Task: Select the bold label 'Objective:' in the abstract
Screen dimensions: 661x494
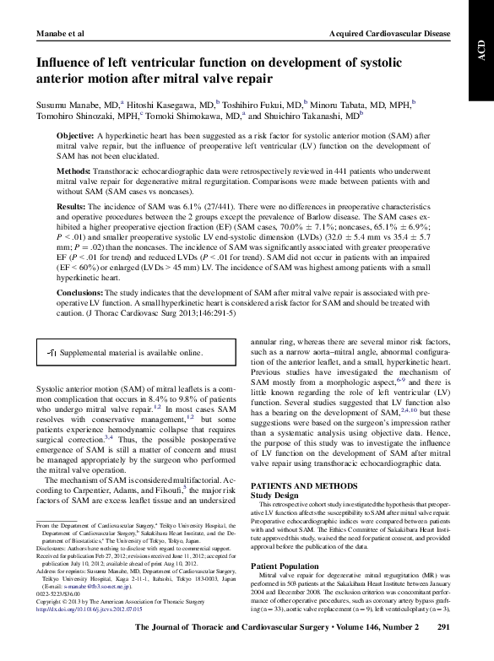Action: coord(76,136)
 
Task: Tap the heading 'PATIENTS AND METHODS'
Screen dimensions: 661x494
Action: coord(304,488)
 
